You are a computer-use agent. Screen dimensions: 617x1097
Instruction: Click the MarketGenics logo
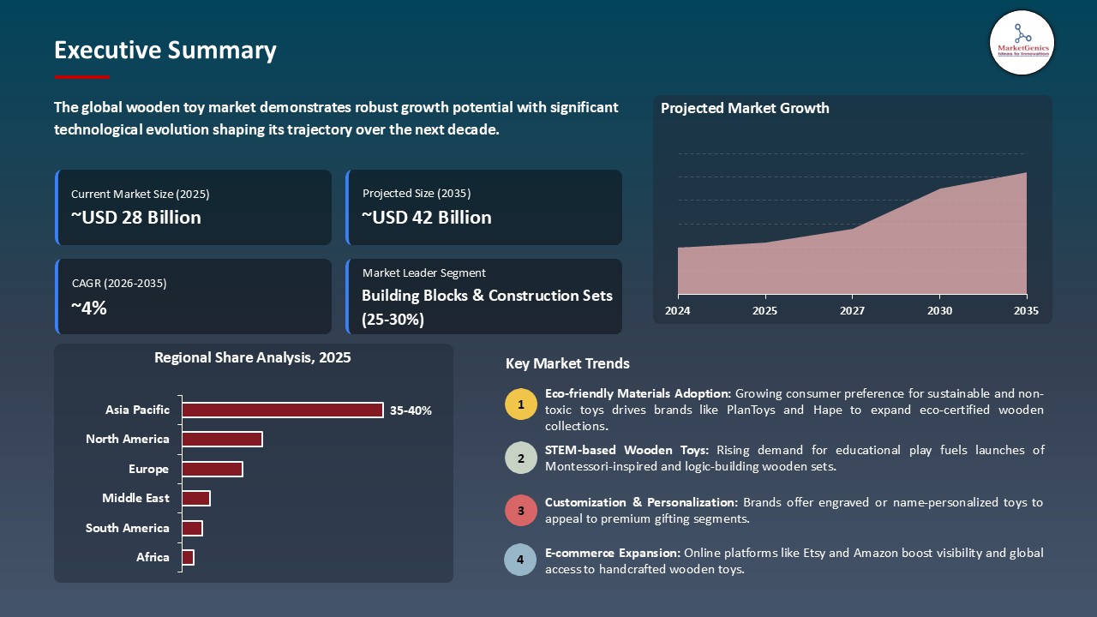(x=1022, y=42)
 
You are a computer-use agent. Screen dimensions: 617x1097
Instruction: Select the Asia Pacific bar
(x=282, y=410)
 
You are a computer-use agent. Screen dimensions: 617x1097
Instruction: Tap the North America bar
(x=222, y=439)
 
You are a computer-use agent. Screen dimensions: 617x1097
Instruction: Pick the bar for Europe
(x=212, y=469)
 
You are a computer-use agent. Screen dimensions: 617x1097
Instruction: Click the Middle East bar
(x=195, y=498)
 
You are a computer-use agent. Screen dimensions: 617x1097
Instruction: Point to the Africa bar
(x=188, y=557)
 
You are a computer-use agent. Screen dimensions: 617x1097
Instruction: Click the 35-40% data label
(x=411, y=410)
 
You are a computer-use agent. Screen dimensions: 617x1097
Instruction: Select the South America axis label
(x=128, y=528)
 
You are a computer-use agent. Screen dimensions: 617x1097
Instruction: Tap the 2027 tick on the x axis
(x=852, y=311)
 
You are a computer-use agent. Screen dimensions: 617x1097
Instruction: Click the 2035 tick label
(x=1025, y=311)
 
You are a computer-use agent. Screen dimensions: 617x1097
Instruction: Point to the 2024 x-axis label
(x=678, y=311)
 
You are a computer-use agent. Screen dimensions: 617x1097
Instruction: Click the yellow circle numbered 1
(x=520, y=404)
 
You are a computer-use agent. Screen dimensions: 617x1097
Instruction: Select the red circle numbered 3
(x=520, y=510)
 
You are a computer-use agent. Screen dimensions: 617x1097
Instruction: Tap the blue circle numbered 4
(x=520, y=560)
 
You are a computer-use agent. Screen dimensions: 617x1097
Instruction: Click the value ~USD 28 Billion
(x=136, y=218)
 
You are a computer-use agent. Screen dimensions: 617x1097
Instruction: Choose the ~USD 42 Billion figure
(x=427, y=218)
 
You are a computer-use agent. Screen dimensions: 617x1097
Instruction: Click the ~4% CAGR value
(x=89, y=308)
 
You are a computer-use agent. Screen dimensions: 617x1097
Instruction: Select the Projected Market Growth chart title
(x=745, y=108)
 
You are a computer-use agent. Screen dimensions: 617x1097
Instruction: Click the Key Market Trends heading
(x=567, y=363)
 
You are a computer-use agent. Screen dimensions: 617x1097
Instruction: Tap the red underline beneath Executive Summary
(x=82, y=77)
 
